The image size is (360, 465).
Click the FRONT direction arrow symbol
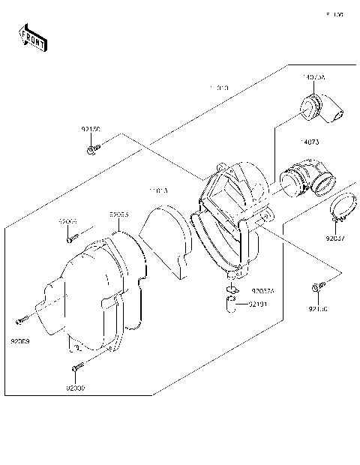coord(32,37)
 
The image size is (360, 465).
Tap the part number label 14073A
coord(313,78)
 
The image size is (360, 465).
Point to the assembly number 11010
coord(219,88)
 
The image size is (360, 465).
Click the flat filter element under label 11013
coord(169,236)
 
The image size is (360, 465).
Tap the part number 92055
coord(118,214)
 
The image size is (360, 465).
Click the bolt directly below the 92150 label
coord(91,151)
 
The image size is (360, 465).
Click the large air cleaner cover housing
coord(90,292)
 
